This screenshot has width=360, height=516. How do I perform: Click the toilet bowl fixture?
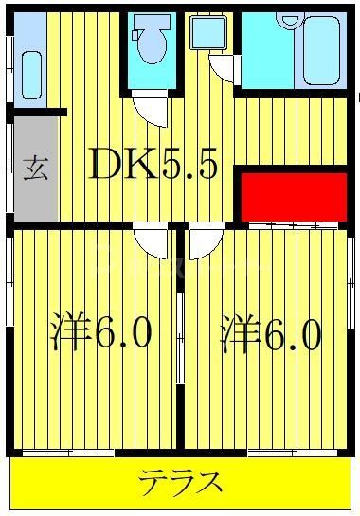click(150, 44)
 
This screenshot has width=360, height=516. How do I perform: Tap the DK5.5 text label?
click(155, 167)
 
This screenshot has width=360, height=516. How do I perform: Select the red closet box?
click(292, 195)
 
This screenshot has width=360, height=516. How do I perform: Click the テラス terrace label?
click(181, 484)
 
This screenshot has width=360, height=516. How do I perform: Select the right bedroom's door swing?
click(205, 243)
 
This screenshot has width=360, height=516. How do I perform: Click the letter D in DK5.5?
click(108, 167)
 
